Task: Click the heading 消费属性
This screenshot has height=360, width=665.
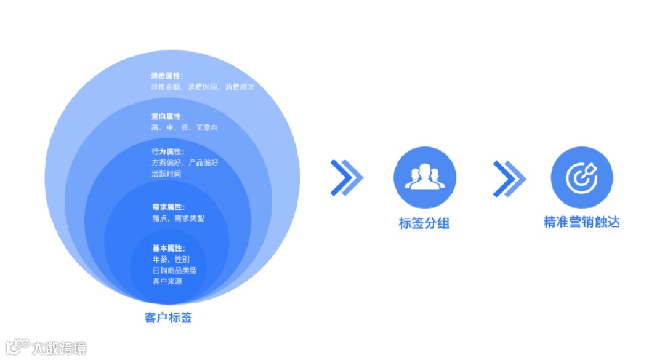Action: click(x=167, y=76)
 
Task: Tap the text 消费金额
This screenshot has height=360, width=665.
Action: click(x=167, y=87)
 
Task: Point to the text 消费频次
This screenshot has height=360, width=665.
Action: click(x=240, y=87)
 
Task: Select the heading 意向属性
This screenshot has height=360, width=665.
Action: click(x=167, y=116)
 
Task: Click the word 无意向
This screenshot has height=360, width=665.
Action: click(x=206, y=127)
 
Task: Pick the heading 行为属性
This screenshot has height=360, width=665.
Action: click(x=167, y=151)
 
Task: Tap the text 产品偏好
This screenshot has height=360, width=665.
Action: click(x=203, y=162)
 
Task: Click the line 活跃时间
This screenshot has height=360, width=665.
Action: click(x=166, y=174)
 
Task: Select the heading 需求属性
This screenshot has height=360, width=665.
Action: click(x=167, y=207)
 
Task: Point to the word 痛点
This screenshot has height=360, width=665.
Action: click(x=159, y=218)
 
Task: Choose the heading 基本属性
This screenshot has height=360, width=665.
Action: click(x=167, y=248)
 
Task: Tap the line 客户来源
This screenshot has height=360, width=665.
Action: click(x=167, y=281)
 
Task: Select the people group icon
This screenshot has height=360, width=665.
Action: click(x=425, y=177)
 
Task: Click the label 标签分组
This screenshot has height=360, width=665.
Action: click(x=424, y=223)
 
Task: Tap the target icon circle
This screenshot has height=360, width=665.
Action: click(x=581, y=177)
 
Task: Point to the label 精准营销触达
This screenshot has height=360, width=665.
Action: click(x=581, y=222)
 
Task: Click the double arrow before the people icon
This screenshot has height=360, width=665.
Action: click(x=347, y=178)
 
